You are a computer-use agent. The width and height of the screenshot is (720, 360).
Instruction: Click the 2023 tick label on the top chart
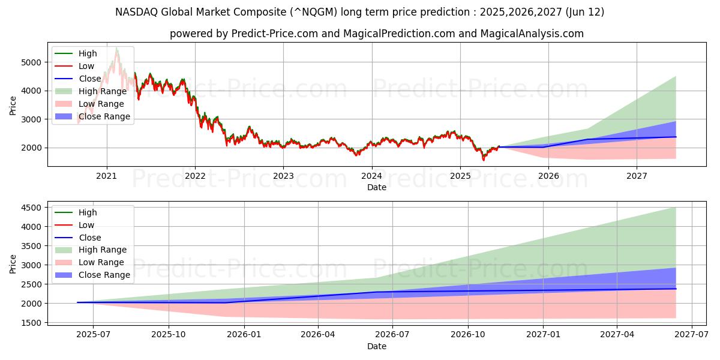click(x=283, y=176)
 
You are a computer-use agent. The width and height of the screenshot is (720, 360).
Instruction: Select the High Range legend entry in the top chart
click(x=103, y=91)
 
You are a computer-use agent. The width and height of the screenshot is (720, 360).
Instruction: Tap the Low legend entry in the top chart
click(x=86, y=66)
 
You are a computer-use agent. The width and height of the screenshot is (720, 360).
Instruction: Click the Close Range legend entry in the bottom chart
click(x=104, y=275)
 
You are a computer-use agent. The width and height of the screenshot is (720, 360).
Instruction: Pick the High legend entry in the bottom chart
click(x=88, y=212)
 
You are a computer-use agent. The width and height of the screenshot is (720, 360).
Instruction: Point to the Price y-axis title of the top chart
click(x=13, y=105)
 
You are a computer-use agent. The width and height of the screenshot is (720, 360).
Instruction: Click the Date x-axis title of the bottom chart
click(x=377, y=346)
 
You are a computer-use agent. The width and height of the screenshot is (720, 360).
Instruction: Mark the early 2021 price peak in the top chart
click(x=116, y=48)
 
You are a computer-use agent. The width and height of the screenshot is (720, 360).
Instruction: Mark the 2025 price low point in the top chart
click(x=484, y=160)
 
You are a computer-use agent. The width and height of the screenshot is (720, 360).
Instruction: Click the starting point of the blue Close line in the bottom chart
click(x=78, y=302)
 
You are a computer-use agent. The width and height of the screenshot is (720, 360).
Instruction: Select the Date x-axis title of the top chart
click(x=377, y=187)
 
